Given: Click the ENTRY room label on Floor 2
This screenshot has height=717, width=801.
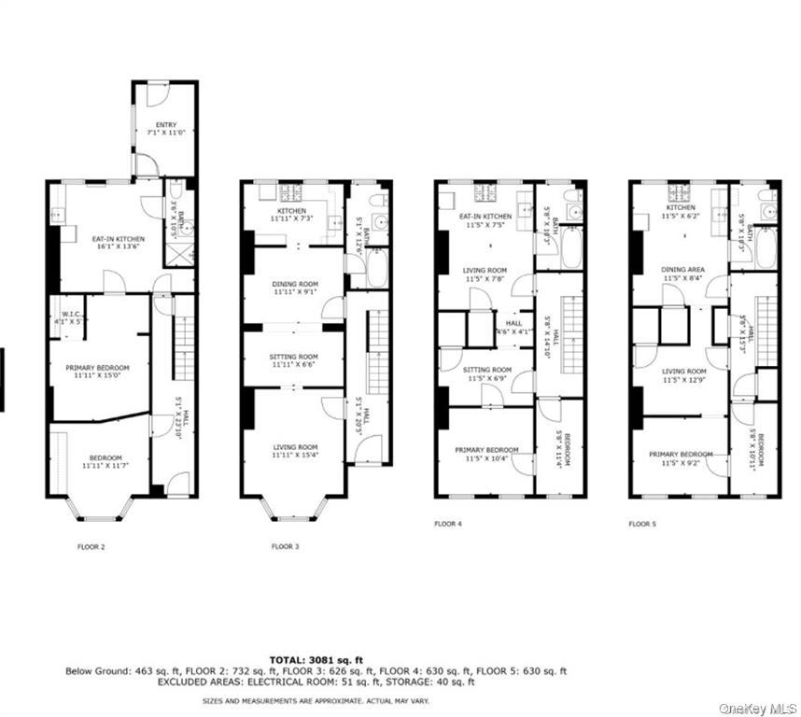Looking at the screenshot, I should tap(165, 124).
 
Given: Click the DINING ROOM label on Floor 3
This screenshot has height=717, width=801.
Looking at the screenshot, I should tap(295, 284).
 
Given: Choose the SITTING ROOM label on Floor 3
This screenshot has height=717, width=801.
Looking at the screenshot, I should tap(295, 357).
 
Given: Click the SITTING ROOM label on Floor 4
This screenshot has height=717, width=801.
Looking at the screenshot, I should tap(487, 370).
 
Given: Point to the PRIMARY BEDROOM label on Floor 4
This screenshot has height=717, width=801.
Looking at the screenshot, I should tap(486, 450).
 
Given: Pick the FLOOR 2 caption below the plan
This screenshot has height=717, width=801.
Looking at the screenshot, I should tap(91, 547).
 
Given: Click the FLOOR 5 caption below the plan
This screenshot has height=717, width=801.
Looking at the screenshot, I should tap(642, 525).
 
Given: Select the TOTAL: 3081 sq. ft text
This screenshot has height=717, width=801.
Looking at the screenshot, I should tap(315, 659).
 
